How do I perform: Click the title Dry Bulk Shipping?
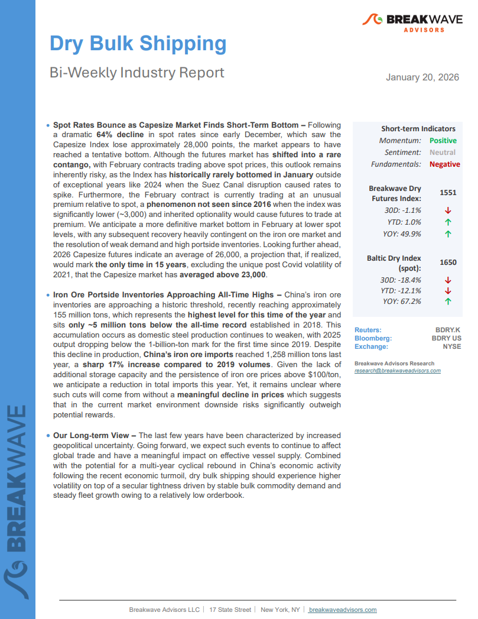click(x=138, y=44)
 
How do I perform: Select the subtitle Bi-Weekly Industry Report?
click(x=136, y=72)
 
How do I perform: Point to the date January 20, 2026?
click(x=422, y=77)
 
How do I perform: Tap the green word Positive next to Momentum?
click(x=443, y=141)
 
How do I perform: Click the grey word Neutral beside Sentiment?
click(x=443, y=153)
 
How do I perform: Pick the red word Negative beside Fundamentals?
click(x=444, y=164)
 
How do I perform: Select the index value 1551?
click(x=448, y=193)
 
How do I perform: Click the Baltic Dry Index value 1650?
click(x=448, y=262)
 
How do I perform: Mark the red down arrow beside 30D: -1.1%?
click(x=448, y=210)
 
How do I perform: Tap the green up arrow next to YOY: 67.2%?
click(x=448, y=302)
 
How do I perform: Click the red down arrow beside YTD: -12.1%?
click(x=448, y=290)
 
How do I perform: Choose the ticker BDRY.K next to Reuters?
click(x=447, y=330)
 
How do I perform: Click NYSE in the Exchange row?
click(x=451, y=346)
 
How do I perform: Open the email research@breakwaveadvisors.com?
click(x=397, y=371)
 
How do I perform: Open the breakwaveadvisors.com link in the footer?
click(x=343, y=610)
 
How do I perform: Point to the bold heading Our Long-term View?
click(x=90, y=435)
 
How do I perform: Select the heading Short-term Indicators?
click(x=418, y=129)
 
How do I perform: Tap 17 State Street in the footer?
click(x=230, y=610)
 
